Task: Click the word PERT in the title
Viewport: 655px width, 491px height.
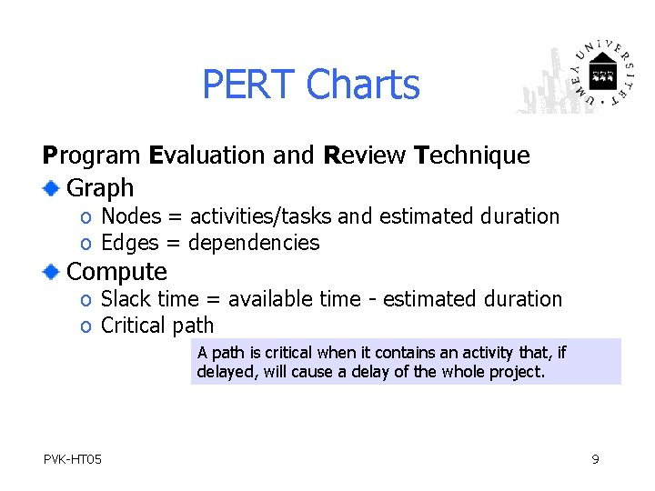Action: (x=249, y=85)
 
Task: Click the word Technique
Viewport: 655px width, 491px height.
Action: (x=471, y=155)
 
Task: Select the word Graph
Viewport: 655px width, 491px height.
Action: (x=100, y=188)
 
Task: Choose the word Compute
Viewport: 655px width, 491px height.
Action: (x=117, y=271)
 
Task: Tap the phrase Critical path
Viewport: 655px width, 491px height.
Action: (x=156, y=326)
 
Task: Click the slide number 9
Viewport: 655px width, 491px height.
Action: (x=595, y=459)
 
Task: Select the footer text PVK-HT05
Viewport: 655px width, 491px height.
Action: (x=72, y=459)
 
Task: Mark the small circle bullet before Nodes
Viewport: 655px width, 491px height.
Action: (x=85, y=217)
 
